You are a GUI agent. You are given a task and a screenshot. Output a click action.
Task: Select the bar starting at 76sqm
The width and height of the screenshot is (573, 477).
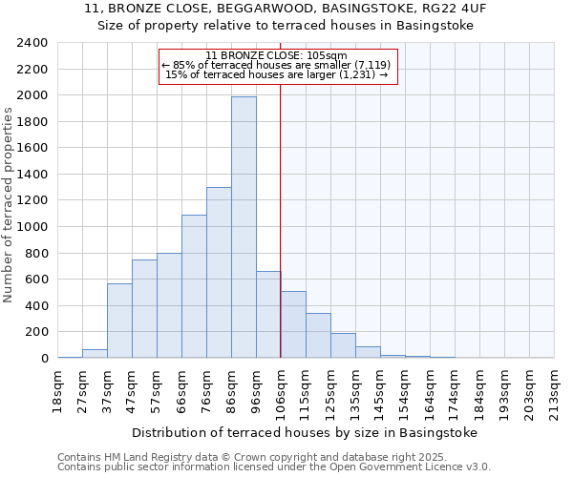(219, 273)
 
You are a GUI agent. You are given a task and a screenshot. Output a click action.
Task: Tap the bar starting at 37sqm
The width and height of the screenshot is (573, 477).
(119, 321)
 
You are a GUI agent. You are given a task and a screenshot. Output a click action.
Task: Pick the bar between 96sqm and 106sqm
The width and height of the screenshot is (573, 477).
(268, 315)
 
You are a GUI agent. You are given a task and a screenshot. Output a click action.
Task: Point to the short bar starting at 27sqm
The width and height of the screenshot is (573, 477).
(95, 353)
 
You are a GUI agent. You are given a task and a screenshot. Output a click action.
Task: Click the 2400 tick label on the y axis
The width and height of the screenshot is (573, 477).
(32, 43)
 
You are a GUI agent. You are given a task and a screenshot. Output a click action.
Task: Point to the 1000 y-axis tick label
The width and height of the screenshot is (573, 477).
(32, 227)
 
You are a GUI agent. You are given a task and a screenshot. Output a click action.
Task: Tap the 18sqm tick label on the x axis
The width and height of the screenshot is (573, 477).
(57, 388)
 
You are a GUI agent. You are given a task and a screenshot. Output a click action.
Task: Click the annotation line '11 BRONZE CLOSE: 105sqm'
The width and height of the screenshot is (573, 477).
(276, 55)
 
